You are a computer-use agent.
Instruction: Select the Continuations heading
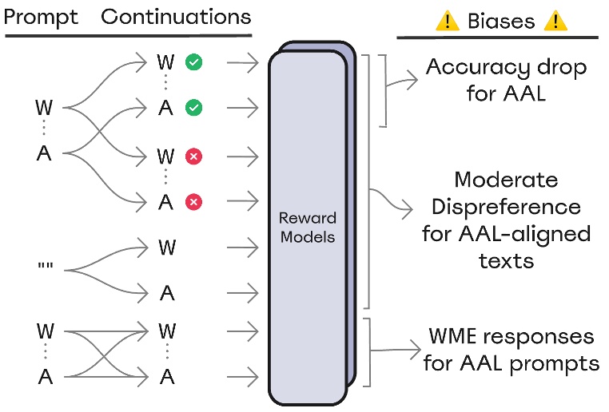pos(177,18)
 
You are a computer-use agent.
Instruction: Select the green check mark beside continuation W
pos(193,61)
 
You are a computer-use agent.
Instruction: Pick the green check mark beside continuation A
pos(193,107)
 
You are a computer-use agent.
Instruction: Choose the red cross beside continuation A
pos(193,202)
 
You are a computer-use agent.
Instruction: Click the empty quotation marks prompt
pos(45,269)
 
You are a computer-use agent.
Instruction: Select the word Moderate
pos(505,180)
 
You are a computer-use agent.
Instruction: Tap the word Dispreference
pos(505,207)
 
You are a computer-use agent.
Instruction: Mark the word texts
pos(505,261)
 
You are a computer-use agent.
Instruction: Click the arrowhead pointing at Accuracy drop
pos(413,77)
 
